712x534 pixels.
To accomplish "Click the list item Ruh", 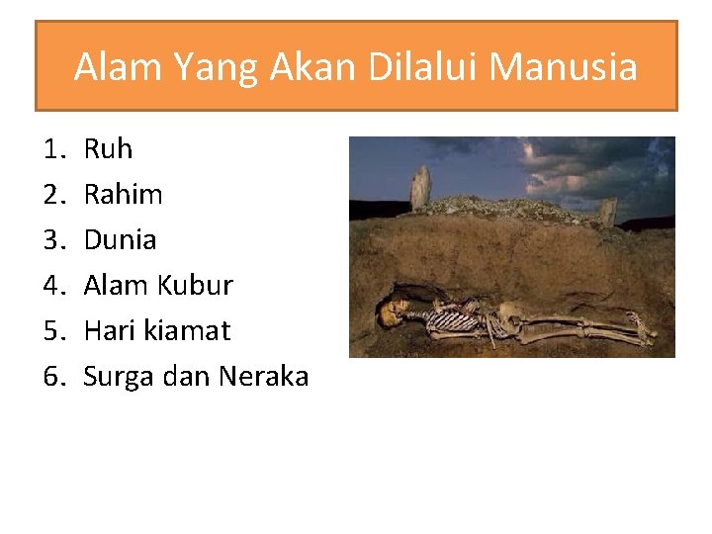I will (108, 149).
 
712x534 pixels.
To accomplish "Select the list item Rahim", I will (123, 195).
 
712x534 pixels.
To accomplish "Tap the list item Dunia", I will (120, 240).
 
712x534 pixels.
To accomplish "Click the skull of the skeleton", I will (391, 312).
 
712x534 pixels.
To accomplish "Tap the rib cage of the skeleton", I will (454, 318).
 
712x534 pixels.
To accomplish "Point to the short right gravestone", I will (607, 211).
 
